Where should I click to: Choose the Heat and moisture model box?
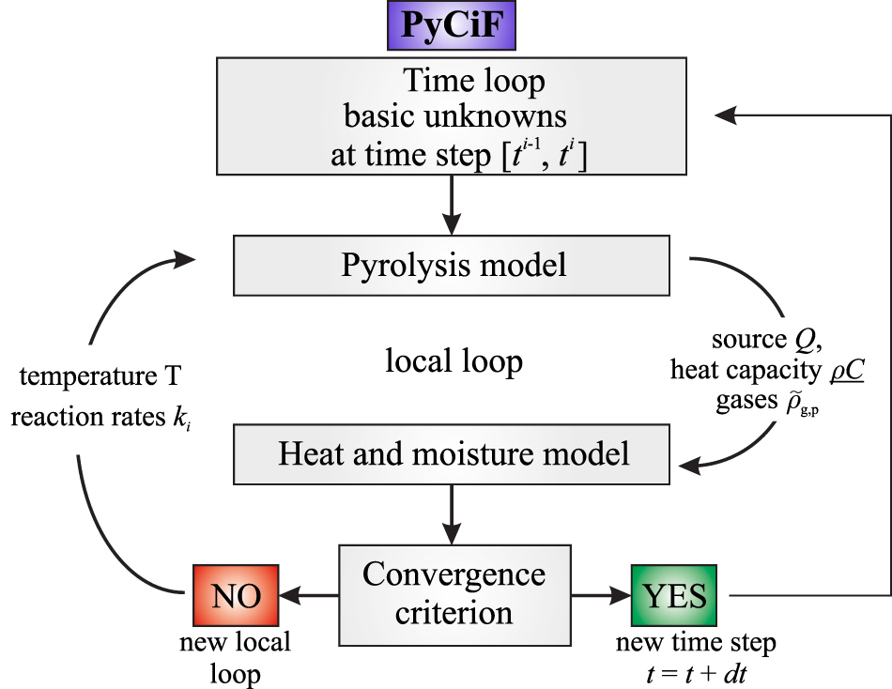click(x=453, y=453)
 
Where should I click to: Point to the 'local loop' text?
click(x=453, y=360)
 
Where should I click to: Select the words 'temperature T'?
click(x=100, y=379)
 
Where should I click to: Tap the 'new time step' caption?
click(x=696, y=645)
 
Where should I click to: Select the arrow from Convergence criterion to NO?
click(x=310, y=594)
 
